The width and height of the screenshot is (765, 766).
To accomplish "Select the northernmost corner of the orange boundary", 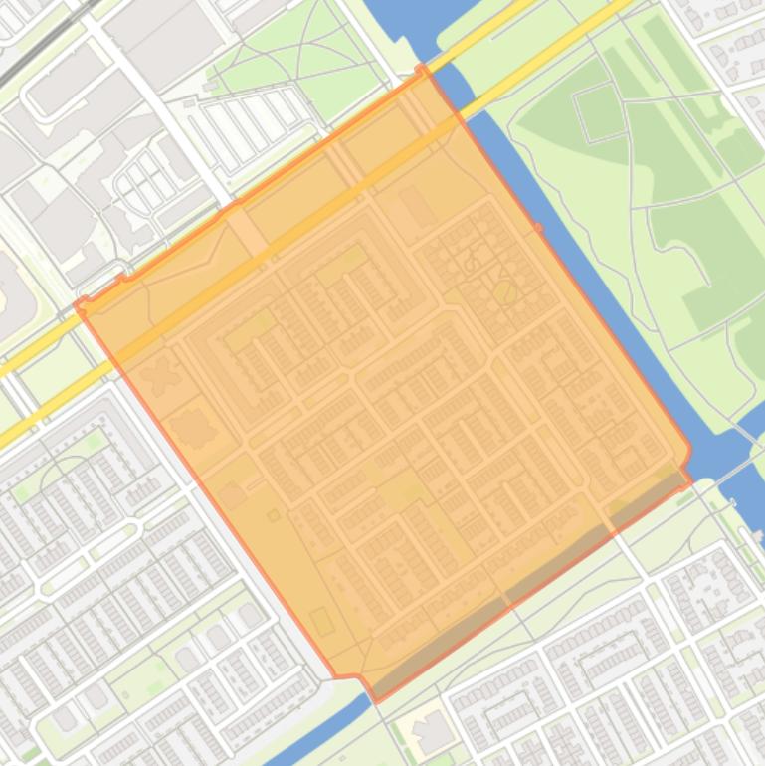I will (423, 68).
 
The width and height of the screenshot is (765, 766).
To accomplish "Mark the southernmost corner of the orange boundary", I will (375, 700).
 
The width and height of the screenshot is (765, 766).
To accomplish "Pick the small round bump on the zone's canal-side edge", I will (539, 229).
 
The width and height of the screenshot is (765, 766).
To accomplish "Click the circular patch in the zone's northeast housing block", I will (504, 291).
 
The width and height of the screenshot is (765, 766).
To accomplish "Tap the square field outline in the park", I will (601, 111).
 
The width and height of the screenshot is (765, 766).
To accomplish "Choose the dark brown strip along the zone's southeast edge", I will (527, 587).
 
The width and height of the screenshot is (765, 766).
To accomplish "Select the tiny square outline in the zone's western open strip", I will (274, 515).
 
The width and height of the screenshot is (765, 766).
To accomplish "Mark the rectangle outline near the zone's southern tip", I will (322, 621).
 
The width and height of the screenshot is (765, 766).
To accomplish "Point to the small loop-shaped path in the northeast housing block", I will (472, 263).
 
